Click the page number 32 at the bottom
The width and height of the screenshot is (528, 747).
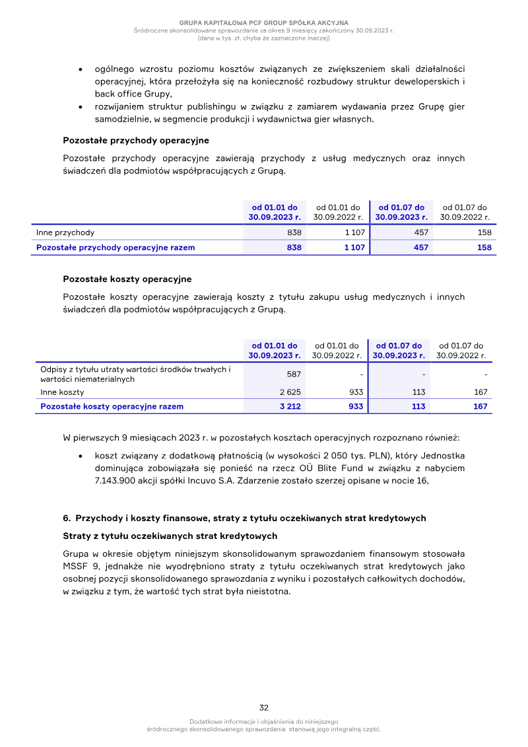(263, 707)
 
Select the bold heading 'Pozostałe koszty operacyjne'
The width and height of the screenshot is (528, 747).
(127, 279)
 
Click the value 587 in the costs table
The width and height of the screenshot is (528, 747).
(294, 374)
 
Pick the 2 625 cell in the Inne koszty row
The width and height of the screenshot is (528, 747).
(290, 392)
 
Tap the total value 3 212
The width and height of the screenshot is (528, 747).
(290, 406)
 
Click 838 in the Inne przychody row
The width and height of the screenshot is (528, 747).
(294, 232)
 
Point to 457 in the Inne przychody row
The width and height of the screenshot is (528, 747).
(420, 232)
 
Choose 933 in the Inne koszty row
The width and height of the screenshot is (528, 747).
(356, 392)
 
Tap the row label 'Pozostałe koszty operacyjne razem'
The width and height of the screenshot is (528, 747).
(112, 406)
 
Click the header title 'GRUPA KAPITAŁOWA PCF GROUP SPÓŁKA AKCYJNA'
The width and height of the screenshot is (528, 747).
(263, 23)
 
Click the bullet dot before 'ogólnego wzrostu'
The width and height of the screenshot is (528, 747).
(80, 69)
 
